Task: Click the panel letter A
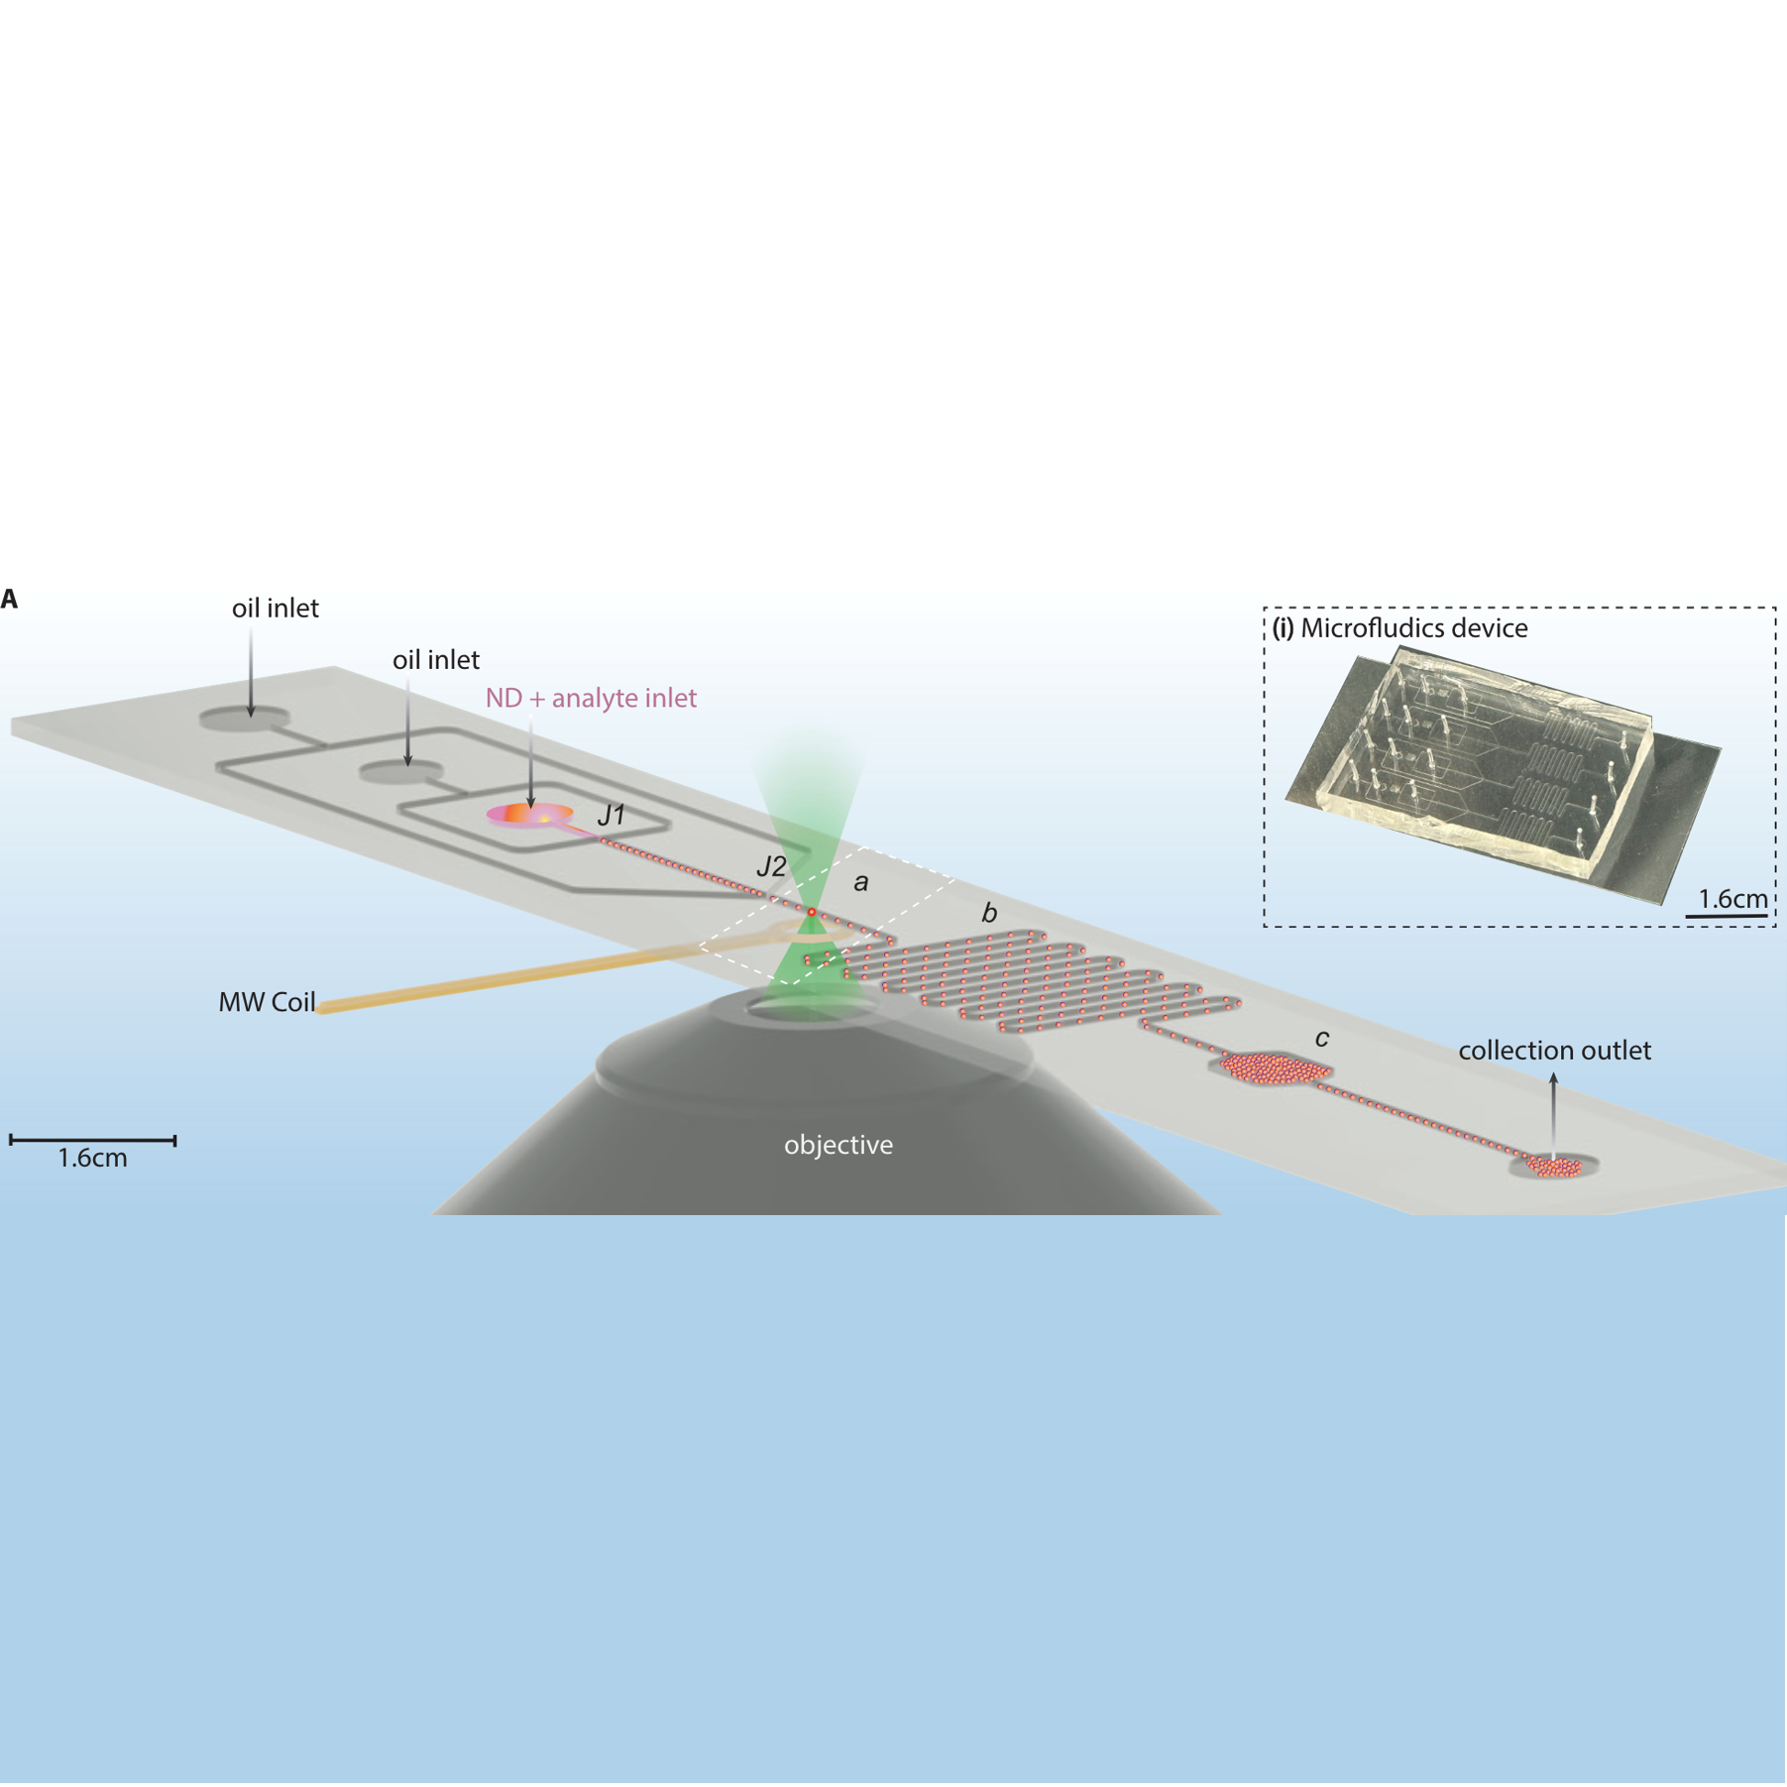point(9,599)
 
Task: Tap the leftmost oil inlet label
point(275,609)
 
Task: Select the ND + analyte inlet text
point(590,698)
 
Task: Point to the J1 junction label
point(612,815)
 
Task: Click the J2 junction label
point(770,866)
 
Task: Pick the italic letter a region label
point(860,882)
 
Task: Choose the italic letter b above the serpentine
point(988,913)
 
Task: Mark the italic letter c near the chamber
point(1321,1038)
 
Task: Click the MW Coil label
point(267,1002)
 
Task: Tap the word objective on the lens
point(838,1145)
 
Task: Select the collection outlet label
point(1554,1051)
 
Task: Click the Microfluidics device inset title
point(1399,628)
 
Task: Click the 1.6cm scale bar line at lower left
point(92,1141)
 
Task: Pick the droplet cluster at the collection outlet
point(1553,1168)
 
